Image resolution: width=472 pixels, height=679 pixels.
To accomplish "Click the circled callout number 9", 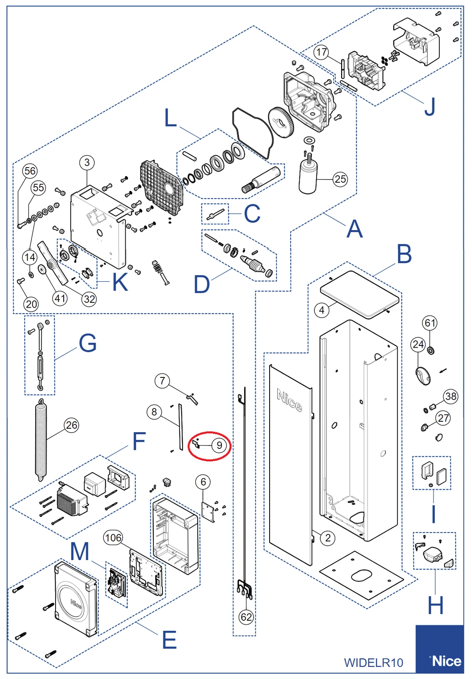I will tap(219, 445).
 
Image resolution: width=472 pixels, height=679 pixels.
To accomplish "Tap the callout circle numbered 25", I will tap(340, 179).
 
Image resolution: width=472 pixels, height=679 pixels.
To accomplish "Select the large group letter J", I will tap(430, 107).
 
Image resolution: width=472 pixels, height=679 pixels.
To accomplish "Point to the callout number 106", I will tap(113, 537).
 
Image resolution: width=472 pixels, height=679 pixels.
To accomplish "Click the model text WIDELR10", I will tap(373, 662).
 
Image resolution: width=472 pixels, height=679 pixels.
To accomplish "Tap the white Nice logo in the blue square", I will tap(446, 660).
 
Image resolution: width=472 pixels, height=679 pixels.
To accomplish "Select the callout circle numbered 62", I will tap(246, 617).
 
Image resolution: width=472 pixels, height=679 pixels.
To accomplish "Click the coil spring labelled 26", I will tap(41, 439).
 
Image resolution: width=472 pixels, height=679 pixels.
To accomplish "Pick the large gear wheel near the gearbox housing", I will tap(281, 122).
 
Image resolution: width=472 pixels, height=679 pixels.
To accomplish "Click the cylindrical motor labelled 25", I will tap(308, 177).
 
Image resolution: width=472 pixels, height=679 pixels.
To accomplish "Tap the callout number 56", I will tap(30, 171).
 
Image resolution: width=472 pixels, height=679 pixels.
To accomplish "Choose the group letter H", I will tap(435, 605).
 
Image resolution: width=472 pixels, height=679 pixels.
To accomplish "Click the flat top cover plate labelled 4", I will tap(360, 294).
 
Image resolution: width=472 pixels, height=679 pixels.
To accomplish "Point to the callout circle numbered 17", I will tap(321, 52).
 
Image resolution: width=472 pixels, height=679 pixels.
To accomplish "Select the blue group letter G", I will tap(87, 343).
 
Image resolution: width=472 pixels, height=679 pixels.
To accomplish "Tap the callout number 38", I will tap(451, 396).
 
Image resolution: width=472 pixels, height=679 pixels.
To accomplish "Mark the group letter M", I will tap(80, 551).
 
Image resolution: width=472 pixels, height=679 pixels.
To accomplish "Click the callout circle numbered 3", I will tap(87, 162).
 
